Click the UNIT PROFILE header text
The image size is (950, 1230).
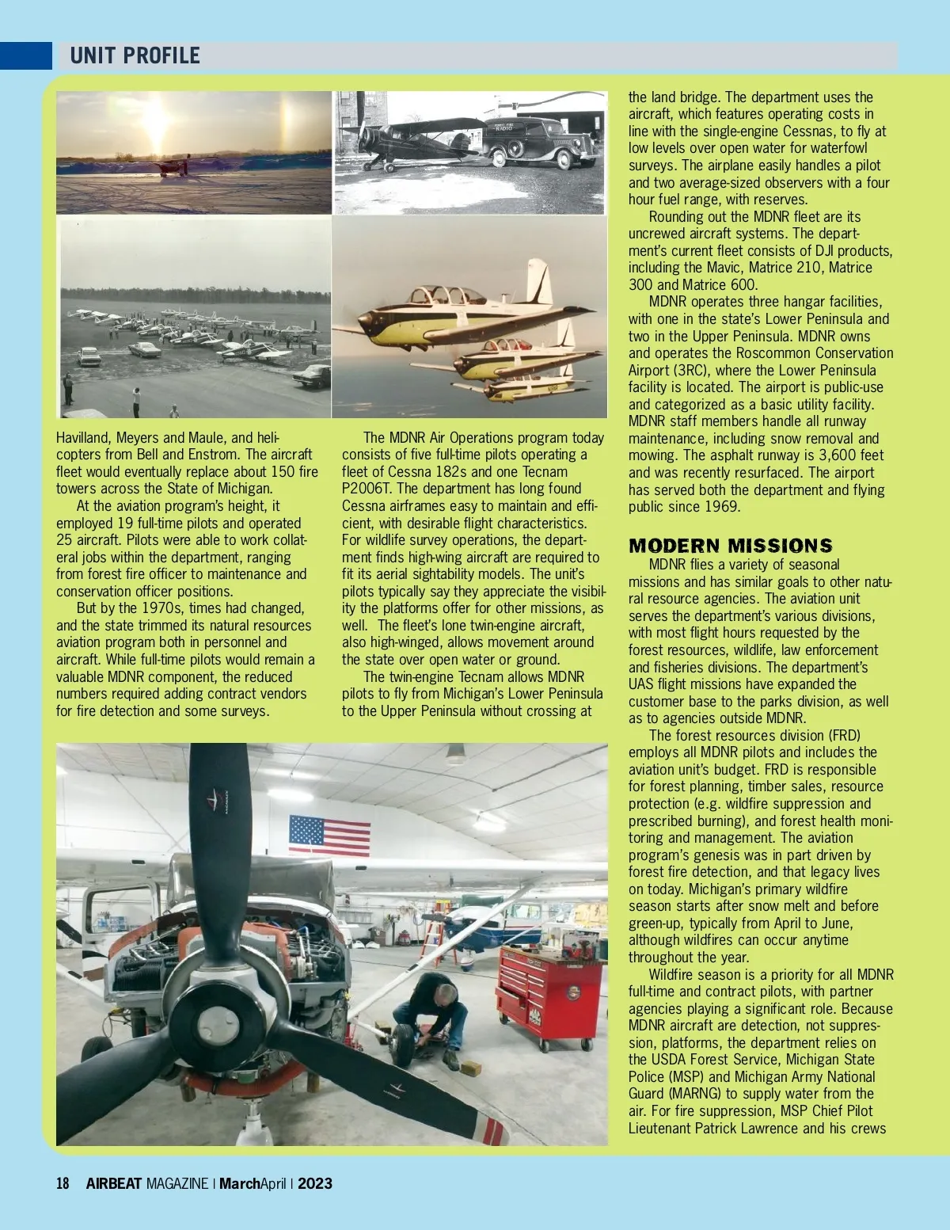coord(135,55)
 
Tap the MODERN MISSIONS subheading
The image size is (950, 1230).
coord(730,546)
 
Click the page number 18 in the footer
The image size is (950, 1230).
coord(63,1184)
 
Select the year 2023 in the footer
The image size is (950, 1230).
coord(315,1184)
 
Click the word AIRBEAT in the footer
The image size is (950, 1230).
coord(114,1184)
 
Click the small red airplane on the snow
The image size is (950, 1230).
coord(171,167)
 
